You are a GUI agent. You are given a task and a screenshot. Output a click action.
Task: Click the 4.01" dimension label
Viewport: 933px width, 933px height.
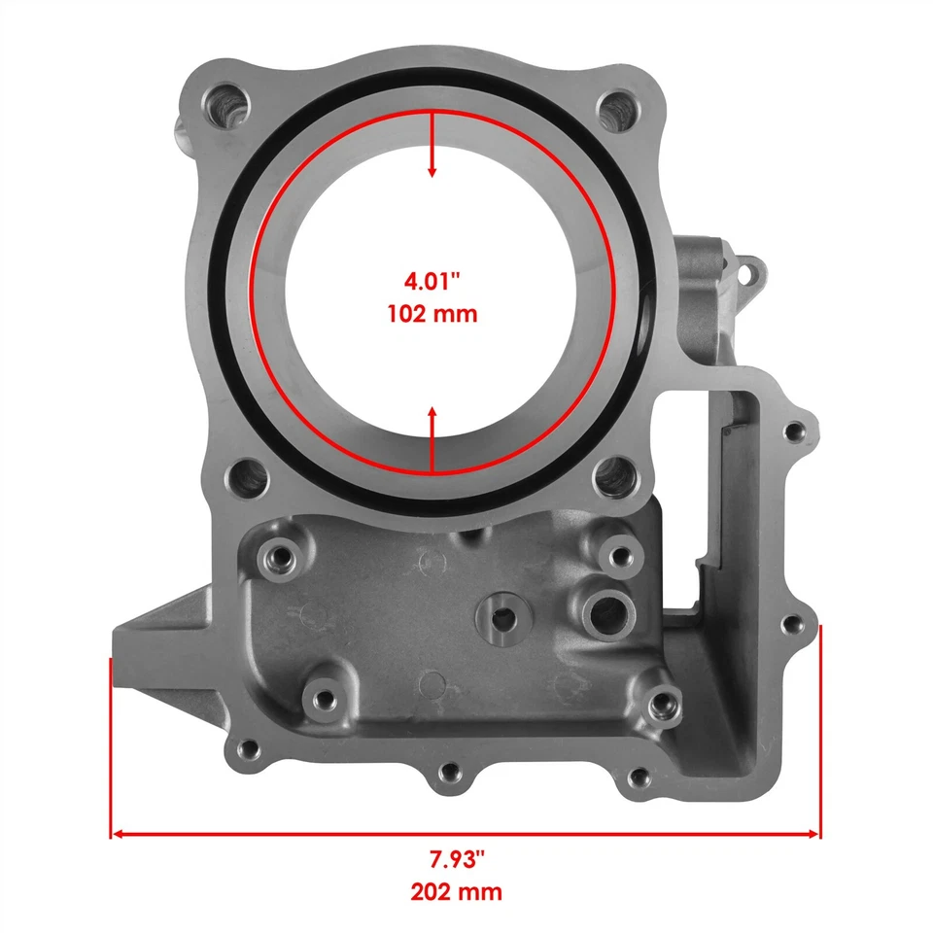(432, 283)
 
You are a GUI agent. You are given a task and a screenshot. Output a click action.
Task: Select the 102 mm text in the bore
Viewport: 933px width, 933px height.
(432, 315)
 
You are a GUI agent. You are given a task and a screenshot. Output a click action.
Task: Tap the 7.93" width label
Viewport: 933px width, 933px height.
(457, 859)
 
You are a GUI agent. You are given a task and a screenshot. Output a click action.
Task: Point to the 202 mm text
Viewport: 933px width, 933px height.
(457, 891)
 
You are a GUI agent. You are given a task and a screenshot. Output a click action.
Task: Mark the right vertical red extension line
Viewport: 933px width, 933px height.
(822, 729)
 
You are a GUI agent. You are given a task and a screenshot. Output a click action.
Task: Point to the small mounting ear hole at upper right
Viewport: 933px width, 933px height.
(749, 273)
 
